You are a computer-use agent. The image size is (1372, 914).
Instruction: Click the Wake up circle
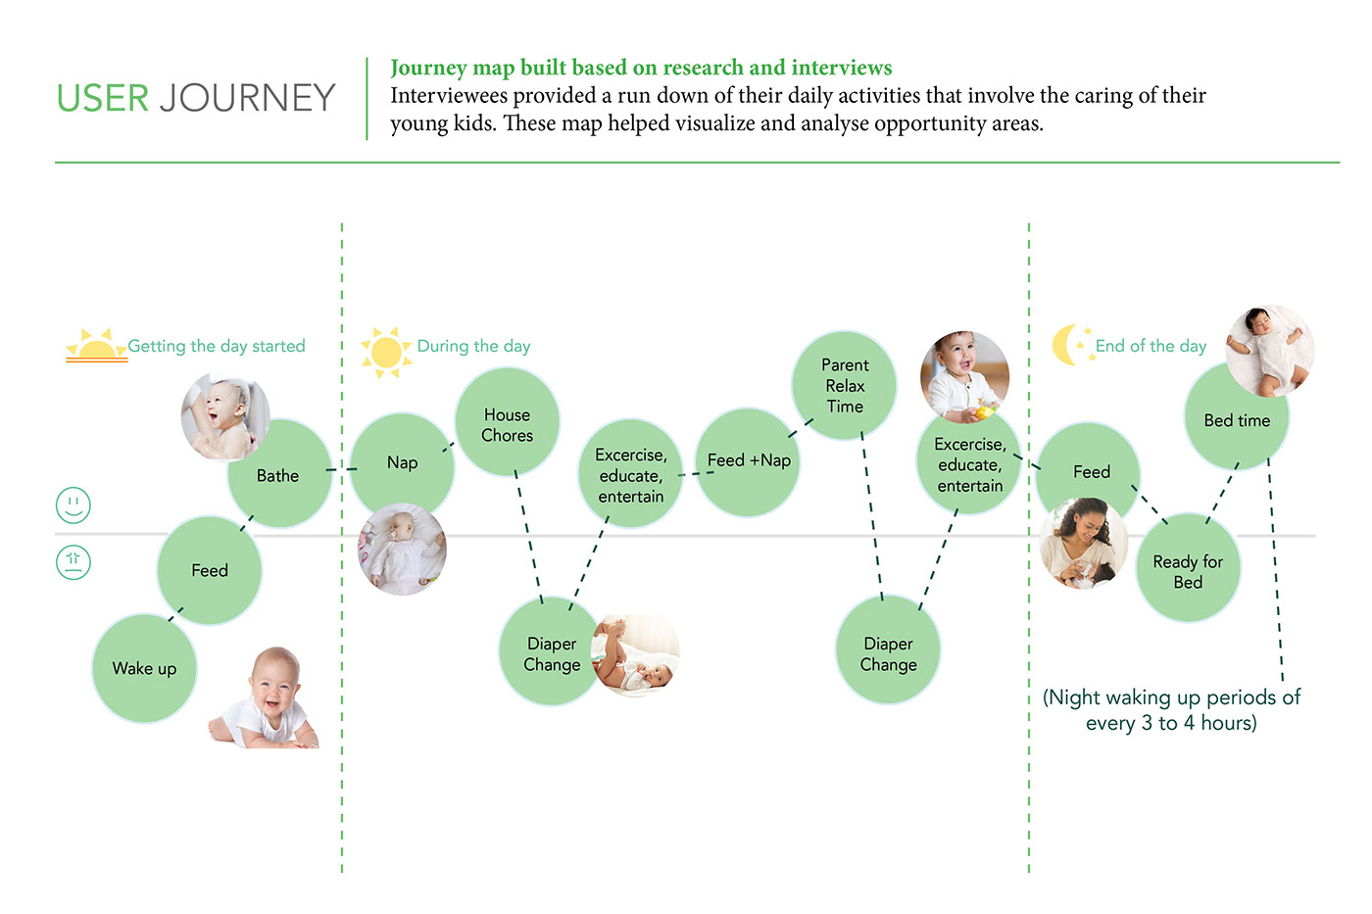(144, 669)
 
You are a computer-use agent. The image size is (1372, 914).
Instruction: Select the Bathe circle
(279, 476)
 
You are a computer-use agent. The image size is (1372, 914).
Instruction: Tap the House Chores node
(507, 424)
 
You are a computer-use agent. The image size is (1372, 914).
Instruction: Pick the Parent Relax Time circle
(844, 385)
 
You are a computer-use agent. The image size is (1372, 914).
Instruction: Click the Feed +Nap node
(749, 461)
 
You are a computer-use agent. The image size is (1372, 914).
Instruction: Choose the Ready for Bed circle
(1188, 571)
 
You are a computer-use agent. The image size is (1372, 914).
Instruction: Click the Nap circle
(402, 462)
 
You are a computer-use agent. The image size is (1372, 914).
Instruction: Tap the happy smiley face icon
(73, 505)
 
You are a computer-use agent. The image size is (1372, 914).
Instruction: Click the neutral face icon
(73, 562)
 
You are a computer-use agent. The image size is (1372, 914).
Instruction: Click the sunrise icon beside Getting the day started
(96, 347)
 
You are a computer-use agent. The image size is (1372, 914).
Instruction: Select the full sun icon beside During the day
(386, 352)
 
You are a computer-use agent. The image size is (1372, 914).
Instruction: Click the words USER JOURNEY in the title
(196, 98)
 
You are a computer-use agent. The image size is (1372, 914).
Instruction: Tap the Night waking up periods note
(1171, 710)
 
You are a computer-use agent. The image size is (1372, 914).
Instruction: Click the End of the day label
(1151, 346)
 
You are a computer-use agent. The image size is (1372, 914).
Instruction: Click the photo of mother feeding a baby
(1083, 544)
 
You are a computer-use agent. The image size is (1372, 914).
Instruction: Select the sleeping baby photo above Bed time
(1270, 350)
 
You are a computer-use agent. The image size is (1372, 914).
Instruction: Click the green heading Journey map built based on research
(641, 68)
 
